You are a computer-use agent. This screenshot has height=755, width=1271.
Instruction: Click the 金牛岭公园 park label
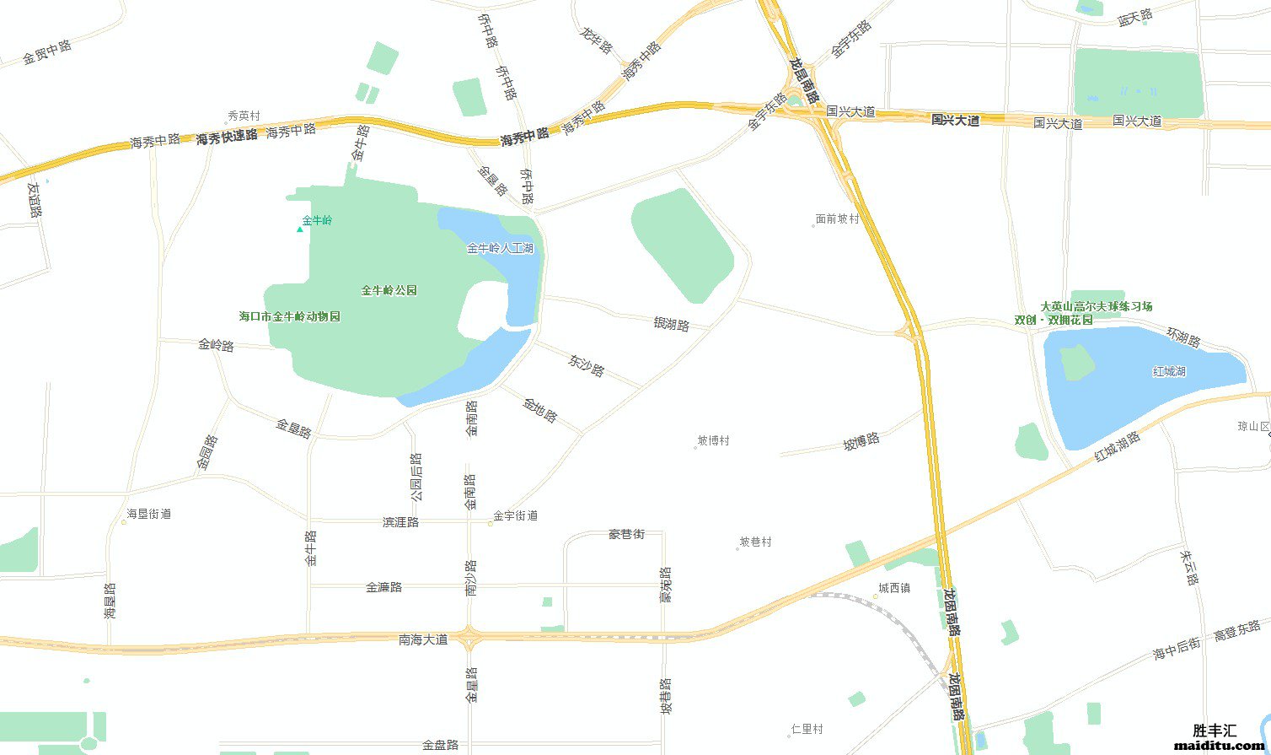[x=389, y=291]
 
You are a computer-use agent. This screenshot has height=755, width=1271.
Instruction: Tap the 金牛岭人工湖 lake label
[x=500, y=249]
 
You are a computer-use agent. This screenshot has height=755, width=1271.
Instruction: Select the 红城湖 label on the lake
[x=1169, y=371]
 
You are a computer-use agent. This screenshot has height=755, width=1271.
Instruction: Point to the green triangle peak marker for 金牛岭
[x=299, y=229]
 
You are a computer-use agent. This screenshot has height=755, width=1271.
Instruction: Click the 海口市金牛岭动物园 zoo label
[x=290, y=317]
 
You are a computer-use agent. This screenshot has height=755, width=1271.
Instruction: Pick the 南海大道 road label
[x=423, y=640]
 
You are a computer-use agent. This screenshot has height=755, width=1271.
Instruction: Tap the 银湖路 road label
[x=671, y=324]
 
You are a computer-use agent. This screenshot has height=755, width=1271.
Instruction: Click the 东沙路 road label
[x=587, y=365]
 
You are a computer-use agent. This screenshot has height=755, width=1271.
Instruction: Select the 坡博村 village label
[x=713, y=441]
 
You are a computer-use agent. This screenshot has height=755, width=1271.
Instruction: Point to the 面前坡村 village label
[x=837, y=219]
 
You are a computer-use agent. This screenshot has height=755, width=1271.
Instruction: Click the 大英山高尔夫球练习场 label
[x=1096, y=307]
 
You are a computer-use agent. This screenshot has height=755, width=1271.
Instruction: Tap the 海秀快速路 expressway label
[x=227, y=138]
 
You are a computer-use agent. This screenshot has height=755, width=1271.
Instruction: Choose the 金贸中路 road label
[x=47, y=52]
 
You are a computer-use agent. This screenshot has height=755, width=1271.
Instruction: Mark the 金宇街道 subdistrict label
[x=515, y=516]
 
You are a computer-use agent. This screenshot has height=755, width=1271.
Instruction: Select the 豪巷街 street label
[x=626, y=535]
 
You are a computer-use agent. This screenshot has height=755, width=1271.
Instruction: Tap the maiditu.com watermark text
[x=1220, y=746]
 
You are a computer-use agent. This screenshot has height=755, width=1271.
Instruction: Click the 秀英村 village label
[x=244, y=116]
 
